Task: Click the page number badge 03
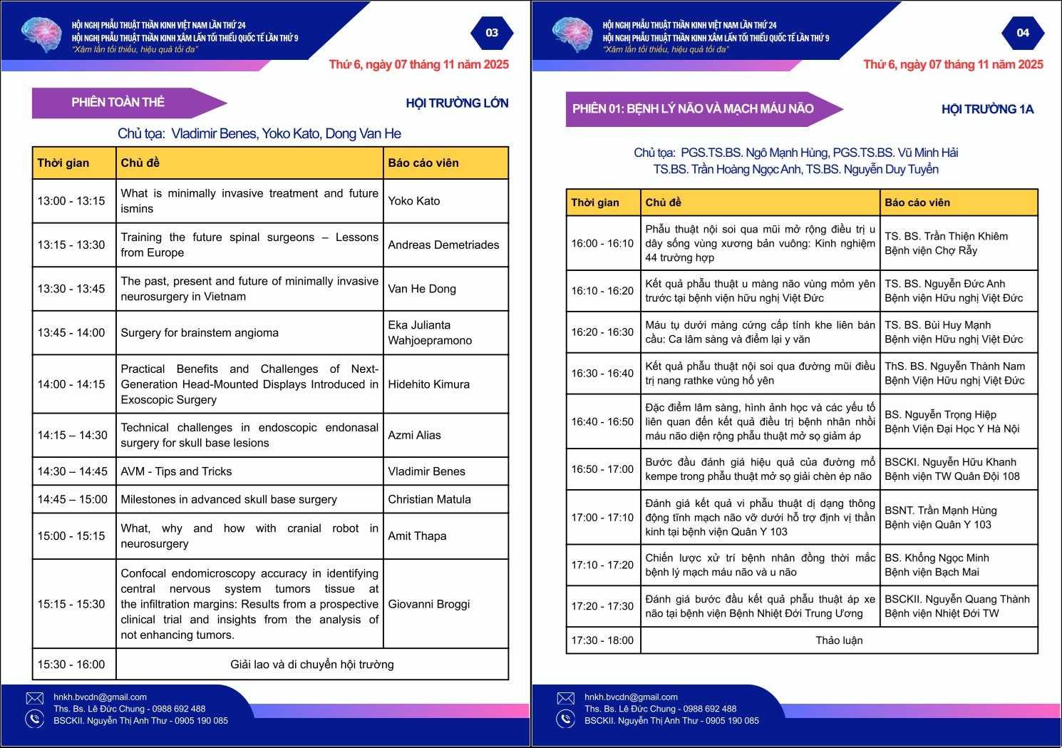(492, 33)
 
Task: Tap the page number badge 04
(1023, 33)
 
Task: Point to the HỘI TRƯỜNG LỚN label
(457, 103)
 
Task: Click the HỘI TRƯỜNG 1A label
(987, 109)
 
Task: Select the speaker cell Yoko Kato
(414, 201)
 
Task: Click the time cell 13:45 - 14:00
(71, 333)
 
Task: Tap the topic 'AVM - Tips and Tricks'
(176, 471)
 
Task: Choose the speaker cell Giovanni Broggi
(429, 604)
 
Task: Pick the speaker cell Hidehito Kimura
(429, 384)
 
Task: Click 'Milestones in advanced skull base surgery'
(229, 499)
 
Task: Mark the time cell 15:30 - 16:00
(71, 665)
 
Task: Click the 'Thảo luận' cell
(839, 640)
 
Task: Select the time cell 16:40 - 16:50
(602, 421)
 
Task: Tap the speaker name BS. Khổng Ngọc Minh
(937, 558)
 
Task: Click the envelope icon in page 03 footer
(35, 698)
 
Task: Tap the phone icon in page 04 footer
(566, 719)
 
